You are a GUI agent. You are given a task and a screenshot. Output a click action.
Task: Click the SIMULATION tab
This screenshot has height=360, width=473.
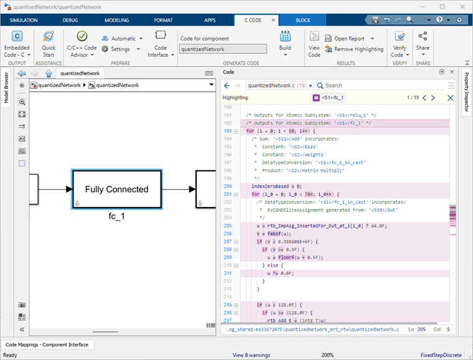pos(23,20)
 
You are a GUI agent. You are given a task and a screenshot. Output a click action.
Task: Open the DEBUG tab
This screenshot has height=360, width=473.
pos(70,20)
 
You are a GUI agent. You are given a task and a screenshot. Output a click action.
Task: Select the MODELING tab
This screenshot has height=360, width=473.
pos(116,20)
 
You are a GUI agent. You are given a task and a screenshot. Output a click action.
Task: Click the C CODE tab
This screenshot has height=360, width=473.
pos(253,20)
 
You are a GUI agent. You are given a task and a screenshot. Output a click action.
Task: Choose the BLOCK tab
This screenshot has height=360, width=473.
pos(303,20)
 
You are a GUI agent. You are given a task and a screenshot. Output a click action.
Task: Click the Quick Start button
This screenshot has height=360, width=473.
pos(49,43)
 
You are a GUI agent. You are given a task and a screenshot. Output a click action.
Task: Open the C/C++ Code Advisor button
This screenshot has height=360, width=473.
pos(82,43)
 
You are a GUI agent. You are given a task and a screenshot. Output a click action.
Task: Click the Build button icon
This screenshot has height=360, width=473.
pos(285,37)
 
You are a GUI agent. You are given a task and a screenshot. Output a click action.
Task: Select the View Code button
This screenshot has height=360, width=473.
pos(314,43)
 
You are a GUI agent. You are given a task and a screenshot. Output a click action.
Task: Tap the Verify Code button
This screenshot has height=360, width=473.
pos(400,43)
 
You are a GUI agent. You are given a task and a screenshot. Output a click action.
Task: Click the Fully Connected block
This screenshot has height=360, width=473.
pos(116,189)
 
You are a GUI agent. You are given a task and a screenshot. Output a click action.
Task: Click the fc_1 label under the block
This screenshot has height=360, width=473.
pos(116,217)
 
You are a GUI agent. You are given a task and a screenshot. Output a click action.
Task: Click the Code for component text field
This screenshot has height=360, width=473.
pos(223,49)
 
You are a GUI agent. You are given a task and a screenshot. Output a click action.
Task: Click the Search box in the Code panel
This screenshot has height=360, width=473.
pos(380,85)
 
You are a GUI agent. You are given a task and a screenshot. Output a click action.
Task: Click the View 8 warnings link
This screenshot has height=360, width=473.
pos(252,355)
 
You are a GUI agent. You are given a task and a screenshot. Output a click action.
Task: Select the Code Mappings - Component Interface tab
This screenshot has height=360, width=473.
pos(48,344)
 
